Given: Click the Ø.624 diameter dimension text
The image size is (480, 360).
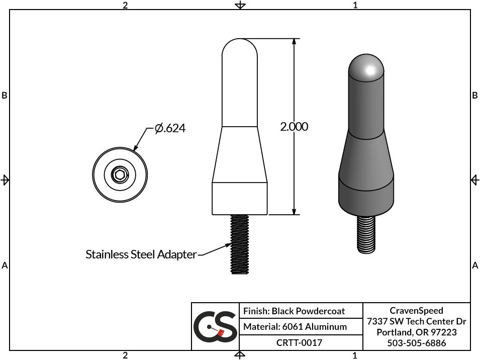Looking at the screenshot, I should [x=170, y=129].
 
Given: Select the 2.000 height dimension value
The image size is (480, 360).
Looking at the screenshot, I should [x=294, y=127].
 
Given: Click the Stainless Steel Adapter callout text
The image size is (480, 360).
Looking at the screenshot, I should [x=141, y=254].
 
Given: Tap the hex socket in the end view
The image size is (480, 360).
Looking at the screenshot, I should [x=120, y=175].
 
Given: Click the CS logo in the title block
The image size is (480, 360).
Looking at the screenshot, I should [x=216, y=327].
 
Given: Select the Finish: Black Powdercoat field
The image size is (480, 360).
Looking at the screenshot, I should [x=294, y=311].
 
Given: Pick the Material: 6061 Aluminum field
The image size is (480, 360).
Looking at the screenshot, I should [x=295, y=327].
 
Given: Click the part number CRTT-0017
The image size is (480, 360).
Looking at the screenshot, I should [x=299, y=343].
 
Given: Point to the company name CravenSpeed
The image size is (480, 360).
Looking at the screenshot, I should [x=416, y=310].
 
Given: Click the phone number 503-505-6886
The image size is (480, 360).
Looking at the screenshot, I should [x=416, y=343].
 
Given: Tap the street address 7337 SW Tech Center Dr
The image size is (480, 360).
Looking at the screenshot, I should [x=416, y=321].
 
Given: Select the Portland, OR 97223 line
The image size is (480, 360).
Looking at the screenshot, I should [x=416, y=332].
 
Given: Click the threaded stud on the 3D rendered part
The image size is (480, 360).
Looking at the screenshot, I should [x=367, y=234].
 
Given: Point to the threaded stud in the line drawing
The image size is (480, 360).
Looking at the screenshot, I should [x=240, y=244].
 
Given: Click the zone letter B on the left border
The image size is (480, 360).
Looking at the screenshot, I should [x=5, y=96].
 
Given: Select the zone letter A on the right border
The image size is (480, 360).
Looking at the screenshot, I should [x=475, y=265].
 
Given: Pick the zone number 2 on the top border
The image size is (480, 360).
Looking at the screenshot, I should [x=125, y=5].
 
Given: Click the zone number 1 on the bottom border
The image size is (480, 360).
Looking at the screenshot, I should [x=355, y=356].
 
